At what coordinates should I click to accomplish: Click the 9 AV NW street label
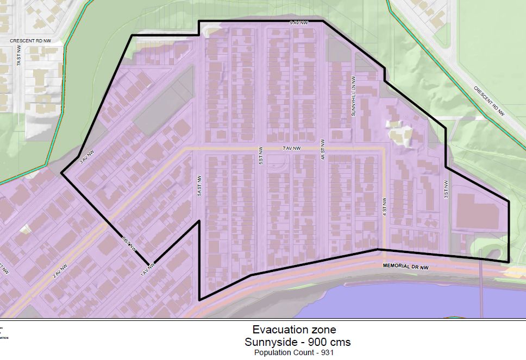[299, 23]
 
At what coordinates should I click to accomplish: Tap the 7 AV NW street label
[291, 148]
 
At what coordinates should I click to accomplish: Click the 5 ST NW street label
[261, 155]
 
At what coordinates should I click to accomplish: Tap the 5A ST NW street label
[199, 185]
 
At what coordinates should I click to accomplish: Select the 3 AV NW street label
[87, 157]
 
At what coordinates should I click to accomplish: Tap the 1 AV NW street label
[148, 268]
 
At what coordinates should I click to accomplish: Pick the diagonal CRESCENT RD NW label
[489, 101]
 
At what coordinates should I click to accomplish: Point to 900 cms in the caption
[329, 342]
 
